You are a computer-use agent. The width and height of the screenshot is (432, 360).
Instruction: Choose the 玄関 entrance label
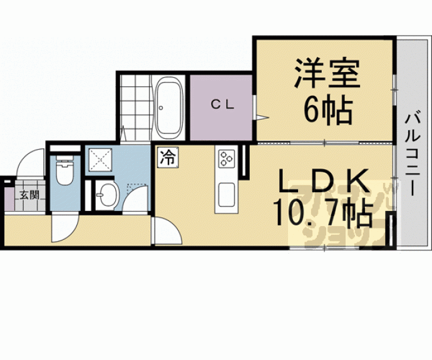pyautogui.click(x=28, y=195)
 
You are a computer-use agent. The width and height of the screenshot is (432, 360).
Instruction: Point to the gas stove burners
pyautogui.click(x=225, y=159)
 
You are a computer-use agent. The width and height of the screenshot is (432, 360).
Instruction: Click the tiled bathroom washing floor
pyautogui.click(x=134, y=106)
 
